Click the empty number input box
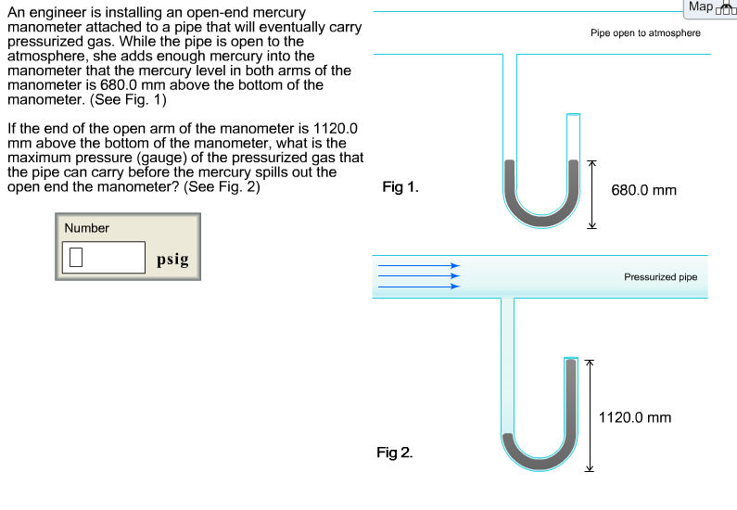pyautogui.click(x=103, y=258)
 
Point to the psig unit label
pyautogui.click(x=172, y=260)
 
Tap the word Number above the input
pyautogui.click(x=86, y=228)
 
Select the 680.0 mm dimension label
pyautogui.click(x=643, y=190)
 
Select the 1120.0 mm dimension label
pyautogui.click(x=635, y=418)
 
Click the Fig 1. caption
pyautogui.click(x=400, y=187)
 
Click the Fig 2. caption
pyautogui.click(x=395, y=453)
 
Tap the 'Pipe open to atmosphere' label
pyautogui.click(x=645, y=32)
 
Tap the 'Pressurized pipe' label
pyautogui.click(x=660, y=276)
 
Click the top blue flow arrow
pyautogui.click(x=418, y=265)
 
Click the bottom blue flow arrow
pyautogui.click(x=418, y=287)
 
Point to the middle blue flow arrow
pyautogui.click(x=418, y=275)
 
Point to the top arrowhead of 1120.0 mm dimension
pyautogui.click(x=586, y=363)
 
